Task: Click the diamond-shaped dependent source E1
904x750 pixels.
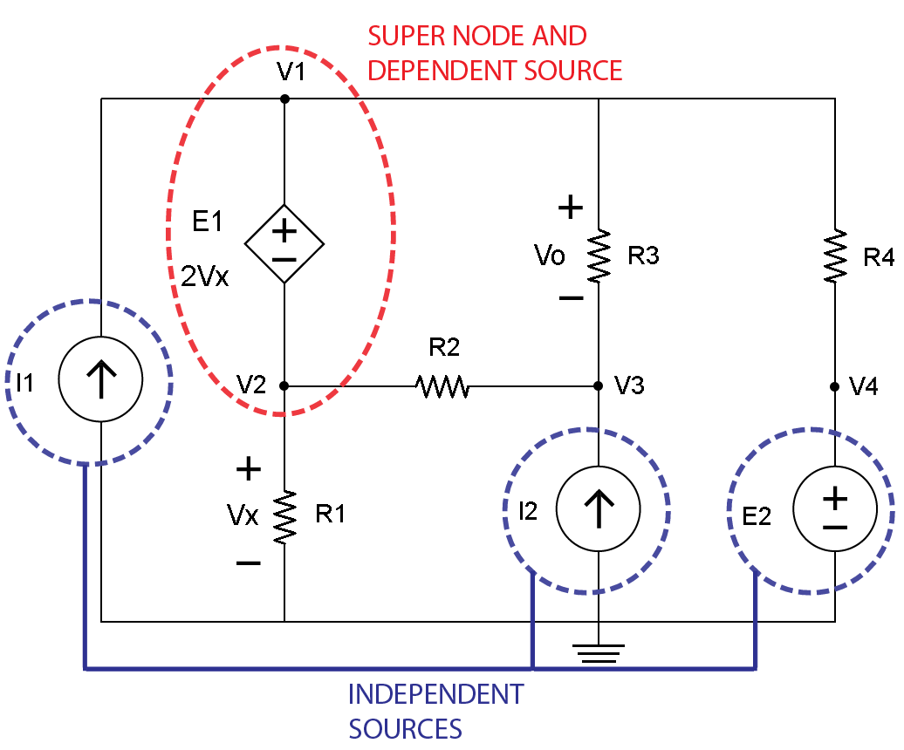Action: (284, 245)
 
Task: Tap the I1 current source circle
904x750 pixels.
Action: (101, 381)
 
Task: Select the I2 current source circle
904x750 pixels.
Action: (599, 508)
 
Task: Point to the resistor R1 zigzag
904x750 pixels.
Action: (284, 517)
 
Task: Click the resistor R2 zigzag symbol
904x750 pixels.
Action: (443, 385)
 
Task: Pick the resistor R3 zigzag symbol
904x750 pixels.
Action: (599, 256)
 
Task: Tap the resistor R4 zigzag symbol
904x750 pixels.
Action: (835, 256)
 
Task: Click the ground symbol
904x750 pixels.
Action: (599, 653)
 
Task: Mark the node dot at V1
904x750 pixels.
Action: (284, 99)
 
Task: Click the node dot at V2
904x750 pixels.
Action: (284, 385)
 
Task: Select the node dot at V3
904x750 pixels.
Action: (599, 385)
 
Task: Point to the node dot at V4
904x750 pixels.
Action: (835, 385)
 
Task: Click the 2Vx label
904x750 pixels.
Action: (205, 276)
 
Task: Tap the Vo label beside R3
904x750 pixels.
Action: (550, 256)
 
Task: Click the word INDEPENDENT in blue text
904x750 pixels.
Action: (435, 694)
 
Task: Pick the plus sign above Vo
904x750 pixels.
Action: (570, 208)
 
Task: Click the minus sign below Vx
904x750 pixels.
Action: (248, 563)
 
